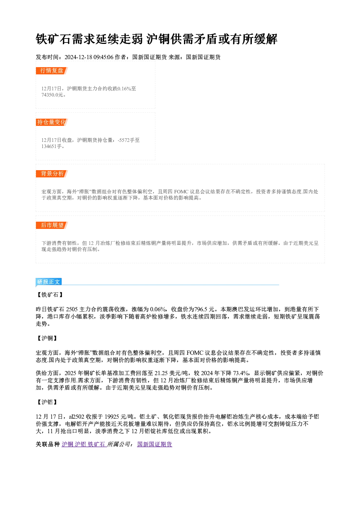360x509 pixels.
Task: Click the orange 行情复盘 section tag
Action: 52,71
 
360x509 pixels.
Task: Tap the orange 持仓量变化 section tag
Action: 52,122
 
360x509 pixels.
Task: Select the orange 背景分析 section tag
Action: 52,174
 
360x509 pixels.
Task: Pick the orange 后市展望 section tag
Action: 52,225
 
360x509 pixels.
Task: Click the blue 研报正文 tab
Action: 49,282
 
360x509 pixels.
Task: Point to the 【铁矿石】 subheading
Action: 50,295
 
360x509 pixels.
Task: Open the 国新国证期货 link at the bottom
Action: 155,444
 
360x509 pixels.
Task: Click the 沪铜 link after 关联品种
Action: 67,444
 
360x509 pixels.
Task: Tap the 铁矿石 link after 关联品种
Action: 97,444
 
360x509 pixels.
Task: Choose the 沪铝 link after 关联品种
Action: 81,444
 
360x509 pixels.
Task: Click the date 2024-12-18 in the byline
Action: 78,57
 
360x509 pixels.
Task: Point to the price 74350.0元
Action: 52,95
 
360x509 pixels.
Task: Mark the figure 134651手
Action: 52,147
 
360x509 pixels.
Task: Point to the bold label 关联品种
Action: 48,444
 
